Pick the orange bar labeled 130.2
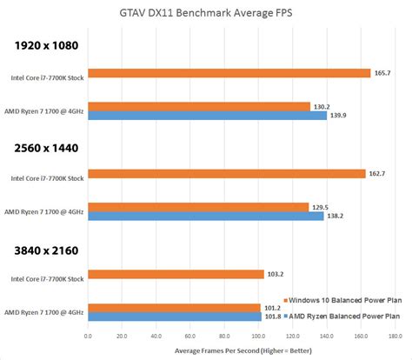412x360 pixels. tap(197, 106)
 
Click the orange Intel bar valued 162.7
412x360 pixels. tap(225, 174)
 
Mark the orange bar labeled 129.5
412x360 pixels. tap(197, 207)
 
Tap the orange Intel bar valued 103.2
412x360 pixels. tap(175, 274)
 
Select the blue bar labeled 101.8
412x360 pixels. tap(173, 317)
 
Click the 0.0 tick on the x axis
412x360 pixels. tap(88, 336)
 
